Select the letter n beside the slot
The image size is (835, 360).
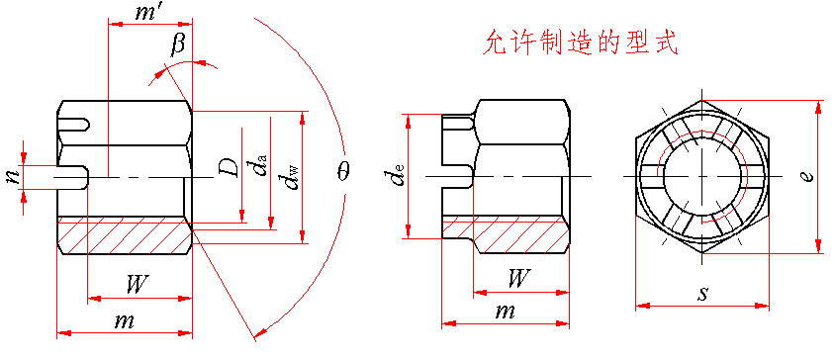pos(12,176)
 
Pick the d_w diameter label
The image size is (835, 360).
pos(291,172)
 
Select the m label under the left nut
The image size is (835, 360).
pos(124,321)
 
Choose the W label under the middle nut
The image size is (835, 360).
pos(518,278)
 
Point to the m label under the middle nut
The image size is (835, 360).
pos(506,311)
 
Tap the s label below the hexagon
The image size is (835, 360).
pos(703,294)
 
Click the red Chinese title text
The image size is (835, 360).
pos(580,43)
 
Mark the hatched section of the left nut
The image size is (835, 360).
pos(125,234)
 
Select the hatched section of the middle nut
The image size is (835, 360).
pos(506,234)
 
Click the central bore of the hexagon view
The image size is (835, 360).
pos(701,176)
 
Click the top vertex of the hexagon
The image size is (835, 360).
pos(702,99)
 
